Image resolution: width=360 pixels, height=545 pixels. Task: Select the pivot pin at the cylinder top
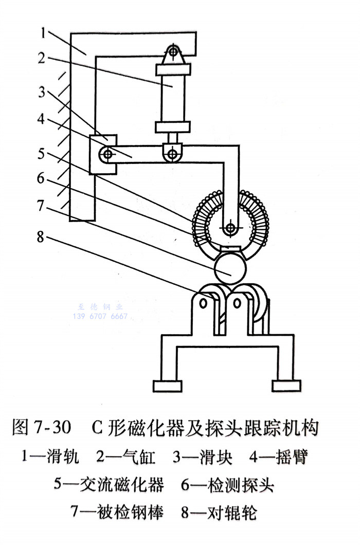point(173,52)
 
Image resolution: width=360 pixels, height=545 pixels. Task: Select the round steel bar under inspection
point(229,267)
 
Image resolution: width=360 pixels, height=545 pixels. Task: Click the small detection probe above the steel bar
point(230,250)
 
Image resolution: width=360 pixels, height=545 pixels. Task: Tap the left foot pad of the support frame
point(168,386)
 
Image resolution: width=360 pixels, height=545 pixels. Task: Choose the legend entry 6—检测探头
point(228,484)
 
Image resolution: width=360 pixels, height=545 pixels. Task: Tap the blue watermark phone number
point(101,316)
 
